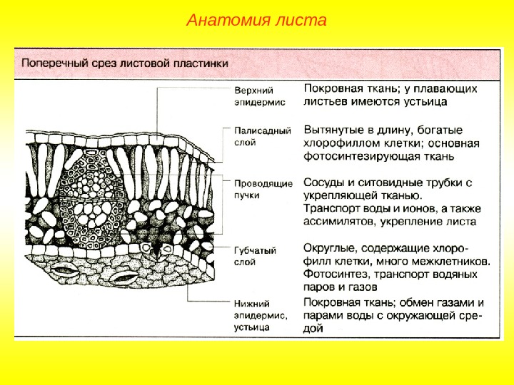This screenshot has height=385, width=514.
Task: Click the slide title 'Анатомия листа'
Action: pyautogui.click(x=256, y=20)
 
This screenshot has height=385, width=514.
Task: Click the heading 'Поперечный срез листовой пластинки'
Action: pyautogui.click(x=125, y=63)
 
